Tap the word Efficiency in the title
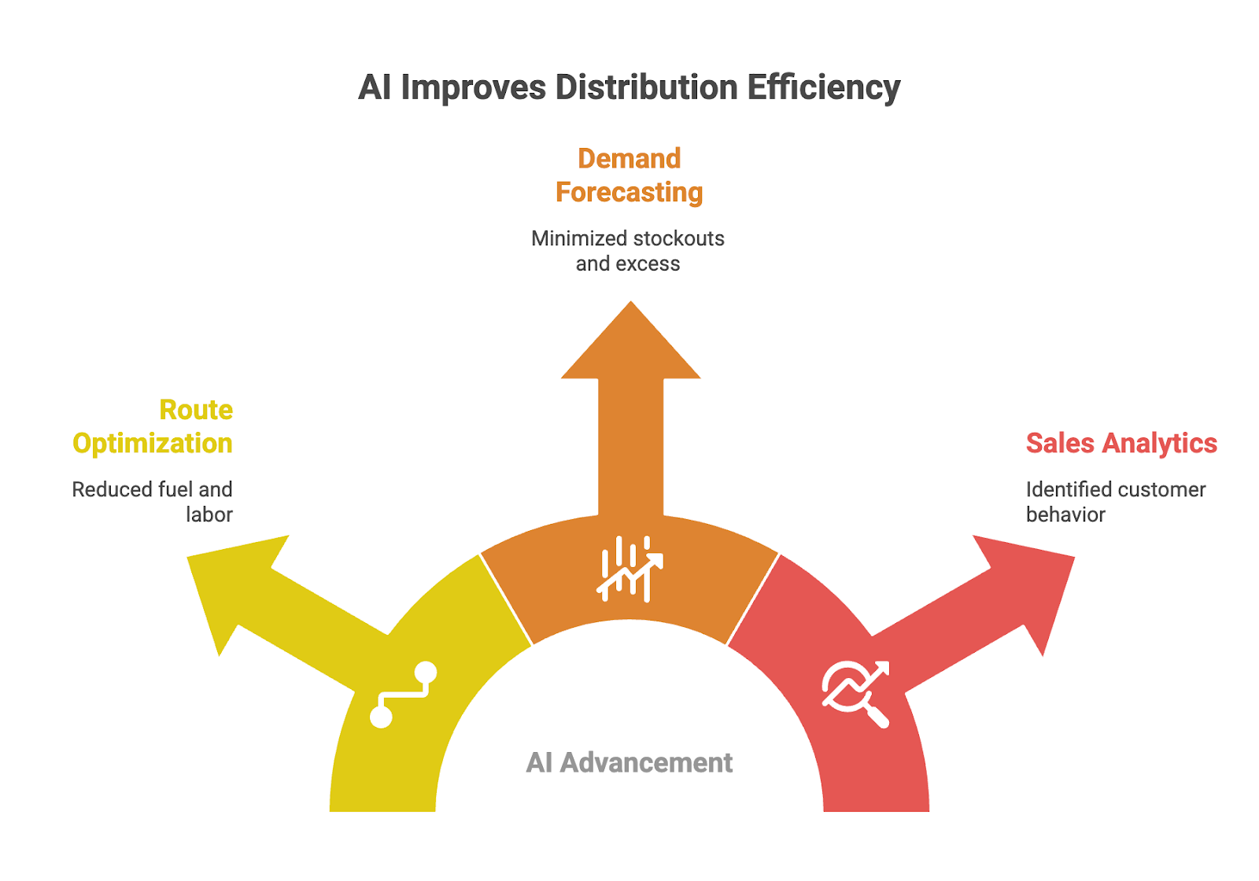[x=823, y=87]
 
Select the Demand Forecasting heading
[x=629, y=175]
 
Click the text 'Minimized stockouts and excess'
[x=628, y=251]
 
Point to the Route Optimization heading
[x=153, y=426]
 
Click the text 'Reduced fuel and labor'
[x=153, y=502]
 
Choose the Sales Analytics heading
[x=1121, y=443]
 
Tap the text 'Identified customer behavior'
[x=1115, y=502]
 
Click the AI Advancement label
[x=629, y=762]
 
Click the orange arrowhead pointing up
[x=630, y=346]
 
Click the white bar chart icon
[x=629, y=569]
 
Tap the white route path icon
[x=403, y=695]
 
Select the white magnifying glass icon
[x=856, y=693]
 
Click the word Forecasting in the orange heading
[x=629, y=193]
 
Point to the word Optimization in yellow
[x=153, y=444]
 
